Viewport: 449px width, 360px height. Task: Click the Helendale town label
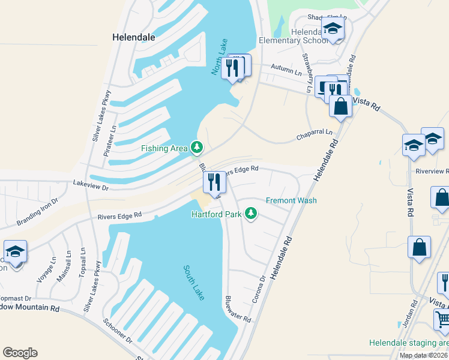(x=134, y=37)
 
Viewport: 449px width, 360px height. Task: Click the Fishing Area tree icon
(x=196, y=147)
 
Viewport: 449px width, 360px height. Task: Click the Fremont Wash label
(x=291, y=200)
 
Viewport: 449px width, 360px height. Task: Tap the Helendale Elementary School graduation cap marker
(x=332, y=28)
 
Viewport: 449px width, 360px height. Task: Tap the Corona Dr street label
(x=259, y=288)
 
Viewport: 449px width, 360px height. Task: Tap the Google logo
(x=20, y=353)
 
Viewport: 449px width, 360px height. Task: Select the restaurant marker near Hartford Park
(x=214, y=182)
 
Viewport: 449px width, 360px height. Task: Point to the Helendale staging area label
(x=408, y=343)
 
